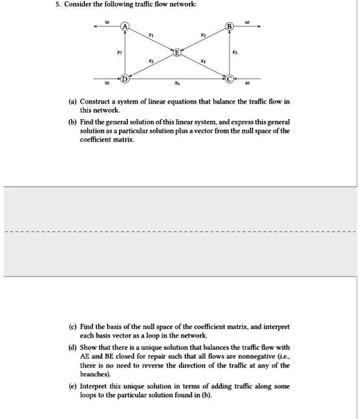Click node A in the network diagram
[124, 27]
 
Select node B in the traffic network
[230, 27]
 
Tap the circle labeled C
[230, 78]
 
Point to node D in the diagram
[124, 78]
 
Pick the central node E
[176, 53]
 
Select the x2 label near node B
[203, 37]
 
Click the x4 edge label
[203, 62]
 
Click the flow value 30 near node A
[107, 22]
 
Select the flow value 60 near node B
[246, 22]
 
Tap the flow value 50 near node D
[107, 84]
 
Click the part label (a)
[74, 102]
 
